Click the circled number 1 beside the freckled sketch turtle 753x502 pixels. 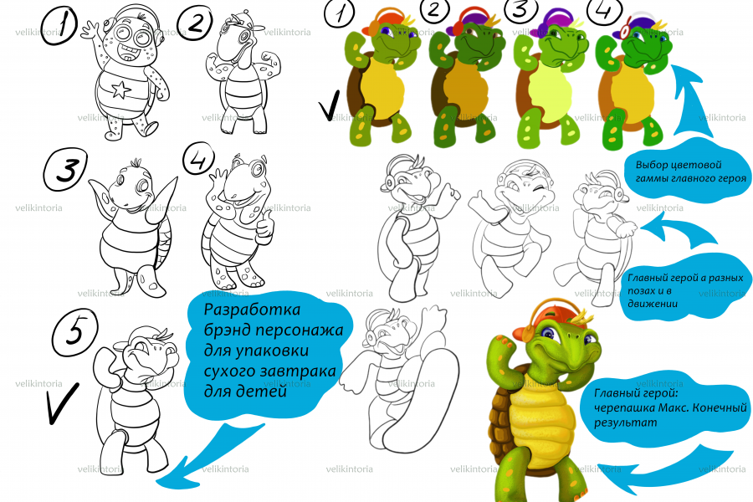pos(59,27)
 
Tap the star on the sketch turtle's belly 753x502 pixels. pos(120,90)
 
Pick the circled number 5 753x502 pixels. pos(74,332)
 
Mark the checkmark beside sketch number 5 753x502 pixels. pos(62,403)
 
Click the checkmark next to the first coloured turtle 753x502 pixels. pos(330,105)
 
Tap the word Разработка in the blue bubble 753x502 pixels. pos(252,310)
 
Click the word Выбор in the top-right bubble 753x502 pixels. pos(651,166)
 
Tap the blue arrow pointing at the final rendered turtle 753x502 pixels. pos(668,469)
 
